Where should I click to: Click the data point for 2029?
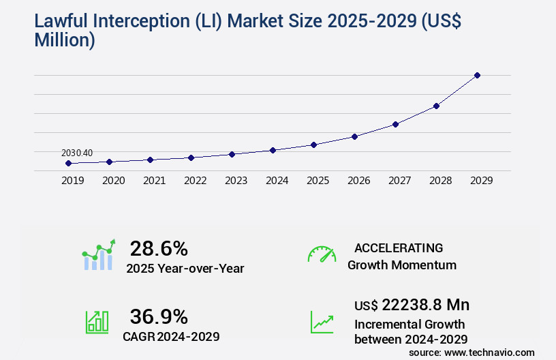click(x=477, y=75)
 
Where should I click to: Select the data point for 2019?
click(x=68, y=164)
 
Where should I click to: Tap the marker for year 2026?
click(x=354, y=136)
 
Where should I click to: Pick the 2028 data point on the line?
click(x=436, y=106)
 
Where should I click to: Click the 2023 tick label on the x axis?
click(x=236, y=181)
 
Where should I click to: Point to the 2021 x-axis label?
click(x=154, y=181)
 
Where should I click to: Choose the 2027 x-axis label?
click(x=399, y=181)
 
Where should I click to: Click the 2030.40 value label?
click(x=77, y=153)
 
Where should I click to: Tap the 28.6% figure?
click(x=159, y=248)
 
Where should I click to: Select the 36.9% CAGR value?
click(x=159, y=316)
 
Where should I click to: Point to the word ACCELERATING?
click(x=399, y=248)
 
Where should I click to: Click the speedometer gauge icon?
click(x=322, y=254)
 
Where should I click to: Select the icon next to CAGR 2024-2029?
click(x=97, y=322)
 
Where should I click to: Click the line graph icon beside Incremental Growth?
click(x=322, y=322)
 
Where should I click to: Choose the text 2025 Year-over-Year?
click(x=185, y=269)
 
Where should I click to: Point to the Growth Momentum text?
click(x=402, y=265)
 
